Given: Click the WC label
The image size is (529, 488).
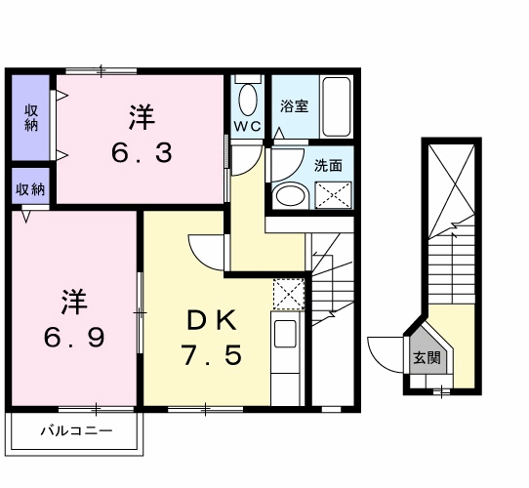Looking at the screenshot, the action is [248, 127].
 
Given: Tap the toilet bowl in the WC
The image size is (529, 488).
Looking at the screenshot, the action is [248, 101].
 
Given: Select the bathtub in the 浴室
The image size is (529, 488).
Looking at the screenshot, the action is [336, 106].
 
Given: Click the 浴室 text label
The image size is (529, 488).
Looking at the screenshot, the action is [294, 106].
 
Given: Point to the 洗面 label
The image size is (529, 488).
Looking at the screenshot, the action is [328, 165].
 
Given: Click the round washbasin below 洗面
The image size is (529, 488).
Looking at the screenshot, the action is [291, 197].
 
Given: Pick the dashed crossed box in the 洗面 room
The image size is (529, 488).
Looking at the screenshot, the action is [334, 195].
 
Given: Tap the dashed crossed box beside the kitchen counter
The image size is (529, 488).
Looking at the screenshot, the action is [289, 295].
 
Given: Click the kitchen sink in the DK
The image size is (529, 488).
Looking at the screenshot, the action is [285, 334].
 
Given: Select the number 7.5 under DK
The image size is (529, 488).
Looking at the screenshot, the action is [212, 355].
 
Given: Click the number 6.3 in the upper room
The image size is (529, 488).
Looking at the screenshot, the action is [142, 152].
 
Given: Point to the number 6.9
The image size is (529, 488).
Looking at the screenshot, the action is [74, 337].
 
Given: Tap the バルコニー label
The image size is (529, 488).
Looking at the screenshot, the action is [76, 431].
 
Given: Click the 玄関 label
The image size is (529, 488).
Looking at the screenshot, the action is [427, 358].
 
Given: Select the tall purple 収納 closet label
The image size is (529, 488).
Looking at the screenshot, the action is [30, 118].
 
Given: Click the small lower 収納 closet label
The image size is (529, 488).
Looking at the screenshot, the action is [30, 189].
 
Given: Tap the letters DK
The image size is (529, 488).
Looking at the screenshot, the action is [212, 320].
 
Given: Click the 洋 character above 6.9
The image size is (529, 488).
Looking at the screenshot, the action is [74, 302].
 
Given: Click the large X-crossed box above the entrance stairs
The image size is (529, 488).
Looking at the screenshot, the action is [451, 190].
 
